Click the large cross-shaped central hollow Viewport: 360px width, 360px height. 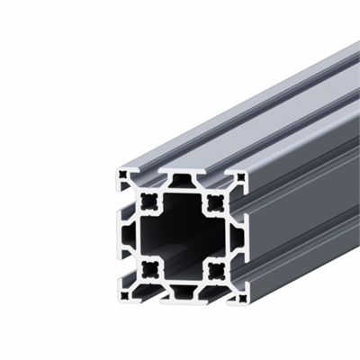pos(181,235)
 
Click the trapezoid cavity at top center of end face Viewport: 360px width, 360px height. pos(181,184)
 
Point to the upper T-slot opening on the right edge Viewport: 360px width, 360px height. pos(244,203)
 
